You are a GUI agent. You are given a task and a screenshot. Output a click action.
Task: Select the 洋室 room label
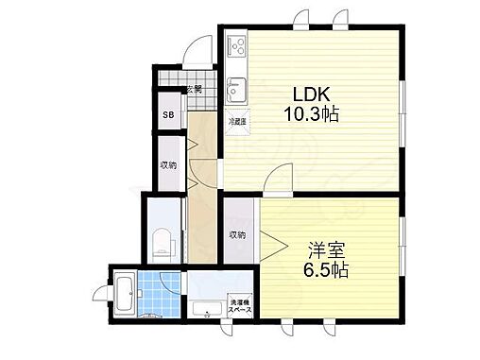coord(325,251)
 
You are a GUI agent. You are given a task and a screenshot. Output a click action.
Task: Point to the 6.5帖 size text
coord(325,270)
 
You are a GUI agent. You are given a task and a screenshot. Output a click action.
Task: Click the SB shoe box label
coord(168,116)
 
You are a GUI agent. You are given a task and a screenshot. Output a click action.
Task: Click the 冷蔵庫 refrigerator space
coord(235,121)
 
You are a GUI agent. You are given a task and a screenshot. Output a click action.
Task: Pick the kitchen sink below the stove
coord(236,89)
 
